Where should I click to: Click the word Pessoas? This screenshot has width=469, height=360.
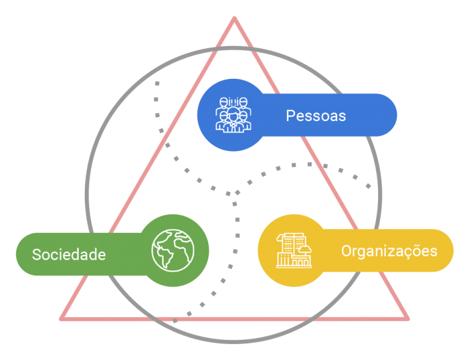pyautogui.click(x=316, y=116)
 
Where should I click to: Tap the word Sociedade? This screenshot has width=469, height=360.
pyautogui.click(x=69, y=254)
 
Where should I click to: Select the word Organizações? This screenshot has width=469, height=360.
pyautogui.click(x=389, y=251)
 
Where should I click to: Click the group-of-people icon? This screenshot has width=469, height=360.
pyautogui.click(x=232, y=114)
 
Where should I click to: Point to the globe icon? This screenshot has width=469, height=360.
pyautogui.click(x=172, y=250)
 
